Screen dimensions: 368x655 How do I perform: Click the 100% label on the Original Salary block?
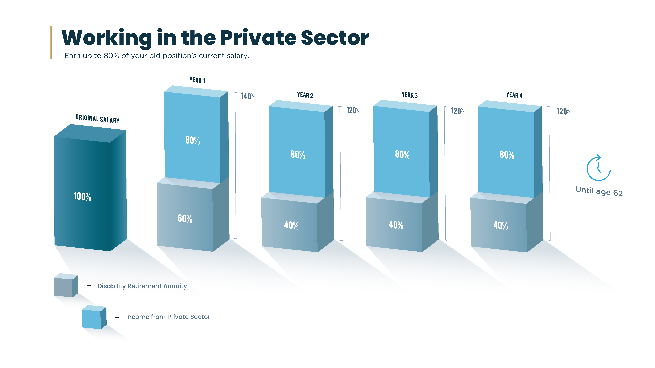82,196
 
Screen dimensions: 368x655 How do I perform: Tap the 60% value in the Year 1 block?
185,219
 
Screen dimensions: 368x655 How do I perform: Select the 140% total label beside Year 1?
247,96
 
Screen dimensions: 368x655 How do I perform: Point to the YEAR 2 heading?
305,95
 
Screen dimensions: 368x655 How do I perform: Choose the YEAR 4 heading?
514,95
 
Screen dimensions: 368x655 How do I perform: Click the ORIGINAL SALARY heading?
97,119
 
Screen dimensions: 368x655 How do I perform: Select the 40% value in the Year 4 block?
500,225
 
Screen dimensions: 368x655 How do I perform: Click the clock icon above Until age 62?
598,168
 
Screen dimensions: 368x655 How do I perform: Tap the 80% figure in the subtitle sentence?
111,56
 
